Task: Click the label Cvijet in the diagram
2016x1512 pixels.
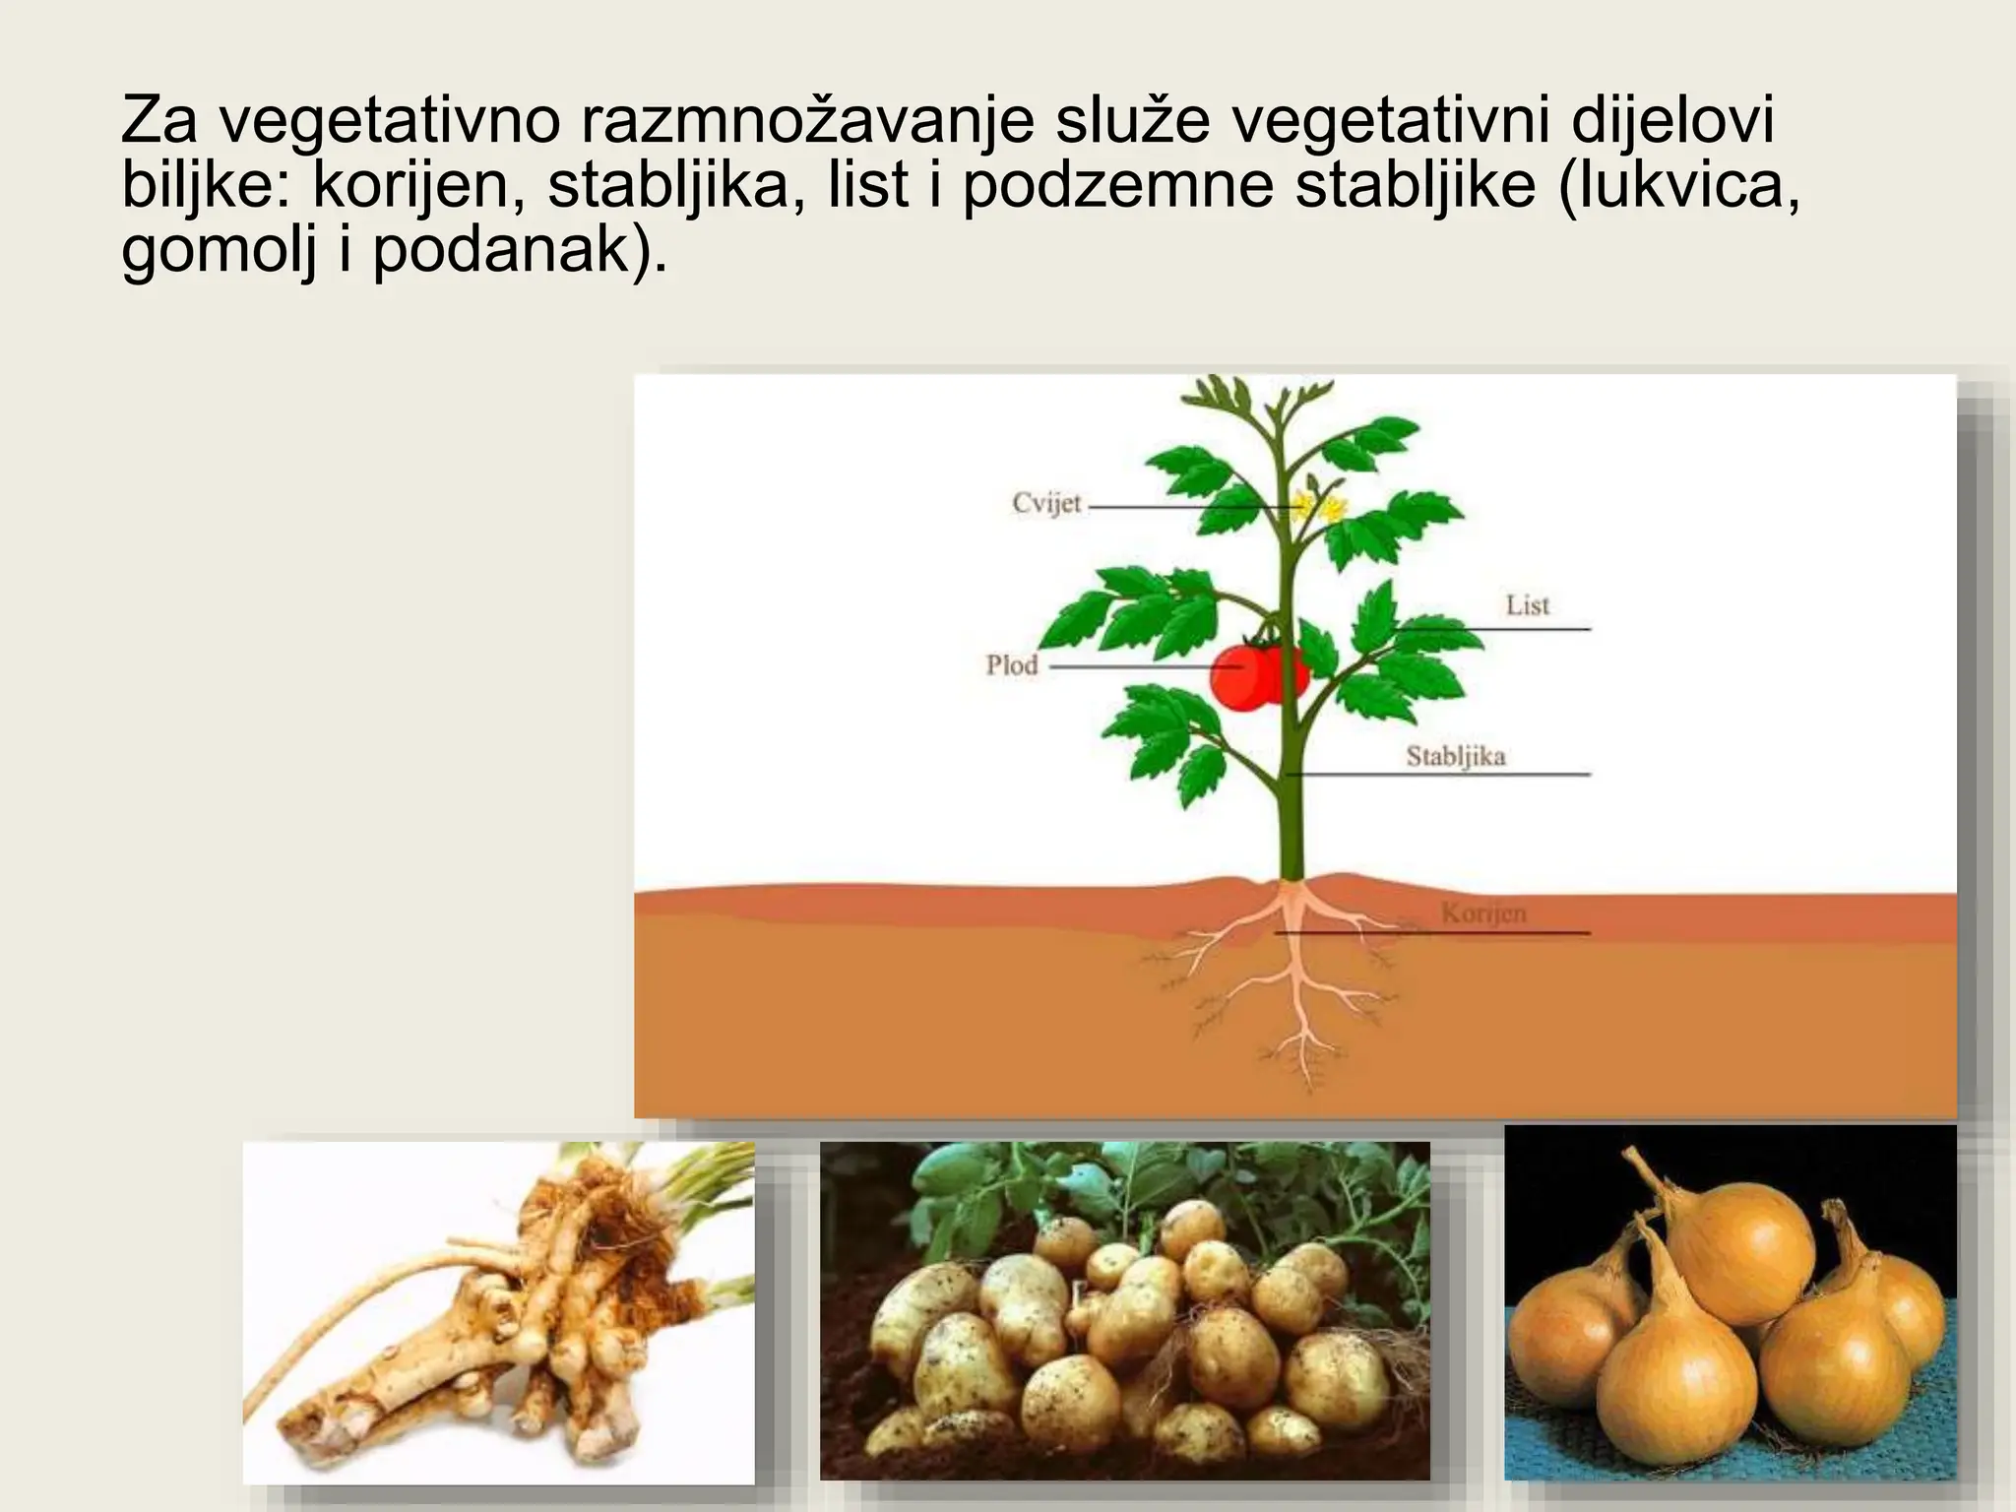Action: [1046, 504]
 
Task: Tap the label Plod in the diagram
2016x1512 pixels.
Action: [1012, 665]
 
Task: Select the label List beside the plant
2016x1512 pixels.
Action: [1527, 605]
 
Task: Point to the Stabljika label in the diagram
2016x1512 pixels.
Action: [1455, 757]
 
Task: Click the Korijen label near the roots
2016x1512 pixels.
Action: [1483, 913]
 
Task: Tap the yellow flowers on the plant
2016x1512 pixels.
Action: [1319, 508]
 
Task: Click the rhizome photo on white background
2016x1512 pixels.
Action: [498, 1312]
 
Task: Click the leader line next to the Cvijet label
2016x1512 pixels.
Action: [1181, 508]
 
